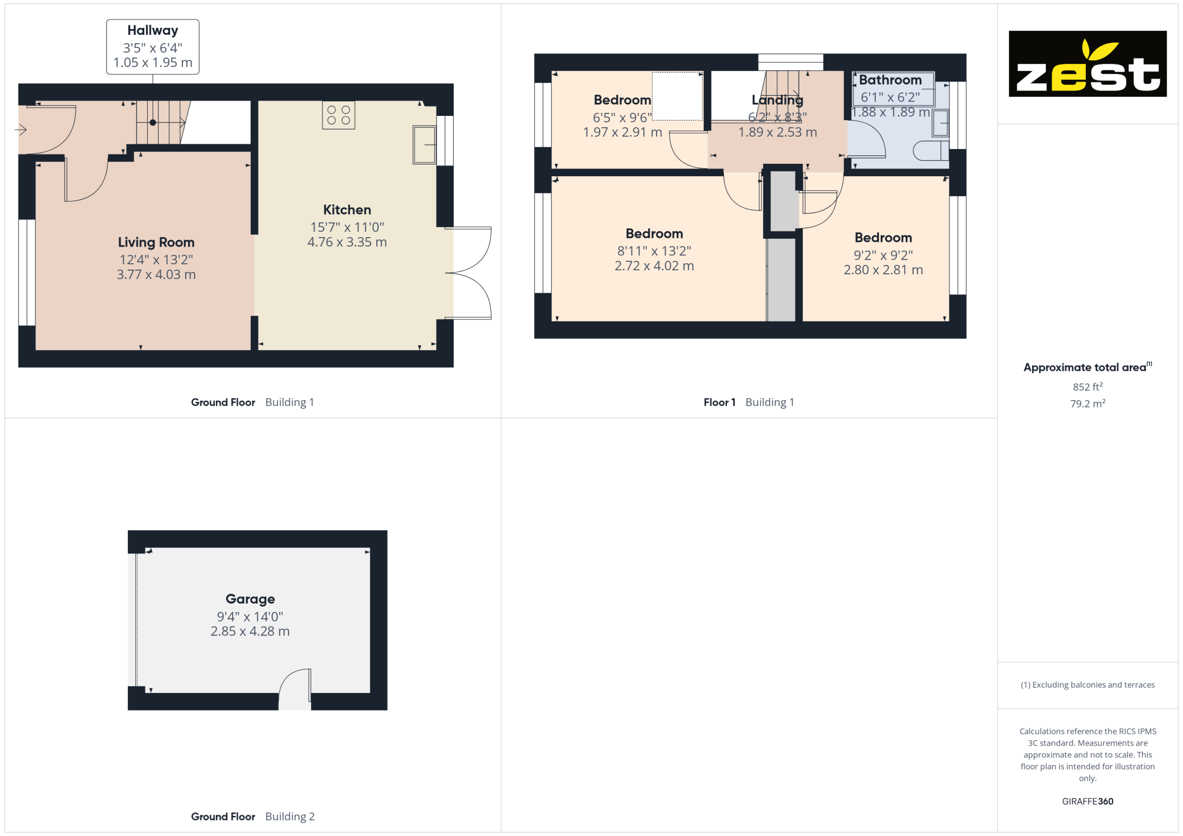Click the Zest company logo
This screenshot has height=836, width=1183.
coord(1087,64)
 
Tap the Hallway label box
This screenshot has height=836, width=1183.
coord(153,47)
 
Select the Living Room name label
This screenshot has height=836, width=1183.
coord(156,242)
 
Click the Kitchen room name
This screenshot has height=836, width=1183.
coord(347,210)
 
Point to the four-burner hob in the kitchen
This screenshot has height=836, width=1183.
coord(338,115)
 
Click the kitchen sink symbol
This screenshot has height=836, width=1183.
coord(424,144)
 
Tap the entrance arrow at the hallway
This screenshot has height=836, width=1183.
coord(21,129)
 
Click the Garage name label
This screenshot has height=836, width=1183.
coord(250,599)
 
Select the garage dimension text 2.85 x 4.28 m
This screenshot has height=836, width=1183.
coord(250,631)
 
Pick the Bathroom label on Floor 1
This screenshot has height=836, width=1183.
coord(890,80)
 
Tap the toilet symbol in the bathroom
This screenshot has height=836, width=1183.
coord(931,151)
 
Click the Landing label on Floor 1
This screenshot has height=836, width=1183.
coord(777,100)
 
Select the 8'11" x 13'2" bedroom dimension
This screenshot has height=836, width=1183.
coord(654,251)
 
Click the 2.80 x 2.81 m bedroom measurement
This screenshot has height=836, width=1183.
coord(883,270)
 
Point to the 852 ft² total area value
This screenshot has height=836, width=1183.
coord(1088,387)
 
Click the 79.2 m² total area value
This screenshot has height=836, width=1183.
coord(1088,403)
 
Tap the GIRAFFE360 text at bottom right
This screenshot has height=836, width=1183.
coord(1087,802)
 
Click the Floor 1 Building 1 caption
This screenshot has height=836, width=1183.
coord(749,402)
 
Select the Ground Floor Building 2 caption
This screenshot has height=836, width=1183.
coord(253,816)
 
